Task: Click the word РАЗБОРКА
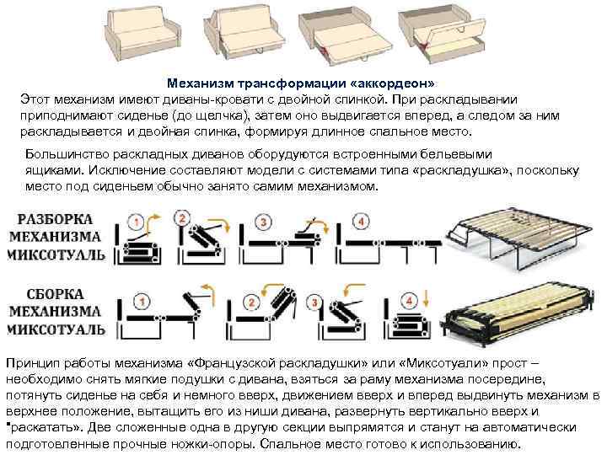[x=56, y=217]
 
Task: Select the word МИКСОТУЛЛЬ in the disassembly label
[x=56, y=254]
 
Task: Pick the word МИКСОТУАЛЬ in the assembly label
[x=56, y=329]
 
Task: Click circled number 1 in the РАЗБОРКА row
[x=136, y=222]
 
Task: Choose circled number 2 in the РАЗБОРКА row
[x=180, y=218]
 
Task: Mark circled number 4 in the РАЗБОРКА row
[x=361, y=222]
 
